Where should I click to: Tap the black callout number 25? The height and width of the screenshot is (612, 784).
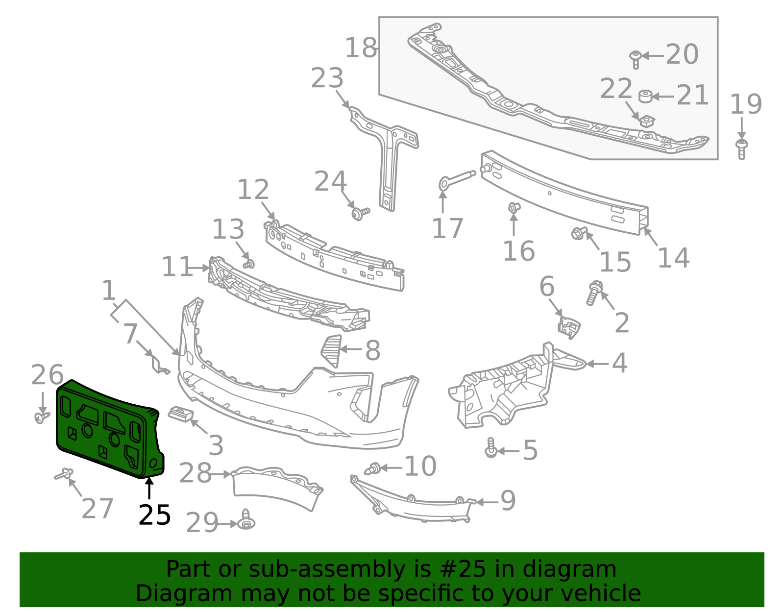(154, 515)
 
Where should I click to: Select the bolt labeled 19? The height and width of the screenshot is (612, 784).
(741, 148)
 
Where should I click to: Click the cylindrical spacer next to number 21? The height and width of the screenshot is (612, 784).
(645, 97)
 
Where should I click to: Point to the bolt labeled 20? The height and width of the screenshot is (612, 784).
(636, 59)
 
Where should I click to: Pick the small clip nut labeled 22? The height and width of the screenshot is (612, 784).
(647, 121)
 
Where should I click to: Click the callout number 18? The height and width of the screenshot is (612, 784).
(361, 48)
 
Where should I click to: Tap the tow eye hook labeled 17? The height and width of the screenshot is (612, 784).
(456, 179)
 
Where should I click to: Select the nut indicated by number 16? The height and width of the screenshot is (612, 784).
(514, 208)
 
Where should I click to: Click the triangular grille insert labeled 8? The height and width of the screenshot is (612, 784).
(332, 350)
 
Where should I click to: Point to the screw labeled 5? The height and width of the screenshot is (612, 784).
(490, 448)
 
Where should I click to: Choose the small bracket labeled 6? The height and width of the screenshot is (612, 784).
(569, 327)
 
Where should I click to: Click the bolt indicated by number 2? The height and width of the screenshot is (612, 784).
(594, 292)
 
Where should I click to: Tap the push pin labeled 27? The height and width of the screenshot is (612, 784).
(64, 474)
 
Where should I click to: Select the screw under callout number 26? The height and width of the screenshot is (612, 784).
(41, 416)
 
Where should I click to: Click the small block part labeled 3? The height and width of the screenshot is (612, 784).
(180, 414)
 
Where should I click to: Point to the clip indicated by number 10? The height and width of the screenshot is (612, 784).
(373, 469)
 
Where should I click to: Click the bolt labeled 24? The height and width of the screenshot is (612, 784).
(360, 213)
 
